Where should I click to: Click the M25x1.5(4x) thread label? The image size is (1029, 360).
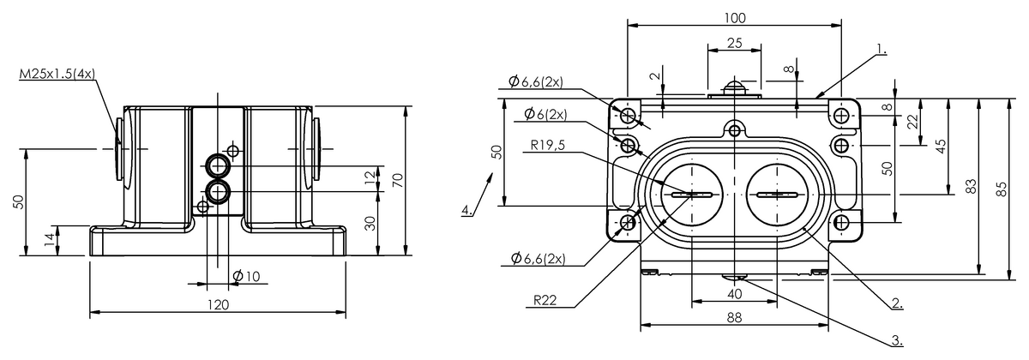(x=57, y=76)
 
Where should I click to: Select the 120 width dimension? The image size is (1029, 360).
(x=219, y=304)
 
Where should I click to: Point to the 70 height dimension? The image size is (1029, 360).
(x=397, y=181)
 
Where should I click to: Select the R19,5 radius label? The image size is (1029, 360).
(x=547, y=145)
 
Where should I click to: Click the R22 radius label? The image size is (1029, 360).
(x=544, y=301)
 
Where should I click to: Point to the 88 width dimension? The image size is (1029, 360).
(x=734, y=318)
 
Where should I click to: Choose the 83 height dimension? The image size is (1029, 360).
(x=971, y=187)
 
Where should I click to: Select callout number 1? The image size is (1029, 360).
(x=881, y=51)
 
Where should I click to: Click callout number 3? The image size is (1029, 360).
(x=896, y=340)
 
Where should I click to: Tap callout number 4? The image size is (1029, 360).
(x=466, y=210)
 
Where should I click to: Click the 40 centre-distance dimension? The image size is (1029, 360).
(x=735, y=294)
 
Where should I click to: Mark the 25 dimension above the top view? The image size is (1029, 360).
(x=735, y=42)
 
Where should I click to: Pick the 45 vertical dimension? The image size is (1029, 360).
(x=941, y=146)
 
